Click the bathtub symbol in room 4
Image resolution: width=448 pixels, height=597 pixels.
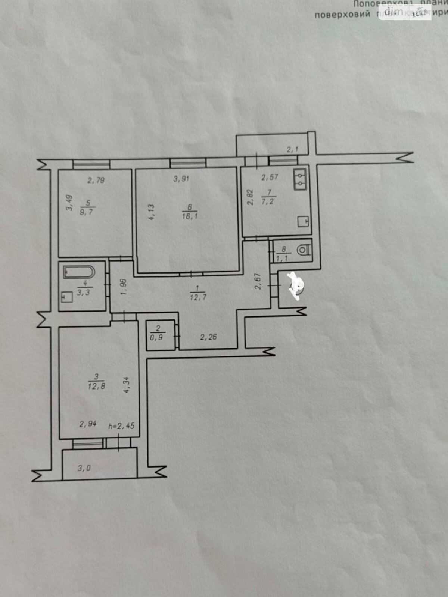point(80,272)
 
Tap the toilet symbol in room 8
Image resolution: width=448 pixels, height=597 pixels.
point(304,249)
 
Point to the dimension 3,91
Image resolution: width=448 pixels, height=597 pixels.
point(181,179)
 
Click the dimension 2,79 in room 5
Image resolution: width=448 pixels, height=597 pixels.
point(96,181)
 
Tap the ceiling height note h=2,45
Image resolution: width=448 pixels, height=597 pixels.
point(121,426)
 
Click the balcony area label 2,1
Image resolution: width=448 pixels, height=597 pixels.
point(292,150)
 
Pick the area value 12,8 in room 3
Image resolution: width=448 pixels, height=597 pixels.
point(96,386)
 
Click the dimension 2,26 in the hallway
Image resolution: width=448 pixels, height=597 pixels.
point(208,337)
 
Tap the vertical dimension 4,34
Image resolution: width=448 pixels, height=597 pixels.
point(127,385)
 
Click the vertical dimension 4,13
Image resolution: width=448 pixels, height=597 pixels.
point(151,212)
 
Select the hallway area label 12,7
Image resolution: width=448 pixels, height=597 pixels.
point(198,297)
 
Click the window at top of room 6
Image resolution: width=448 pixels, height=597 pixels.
point(188,163)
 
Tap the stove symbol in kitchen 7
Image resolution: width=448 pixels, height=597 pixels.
point(303,222)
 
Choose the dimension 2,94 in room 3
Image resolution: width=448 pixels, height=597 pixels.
point(88,423)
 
